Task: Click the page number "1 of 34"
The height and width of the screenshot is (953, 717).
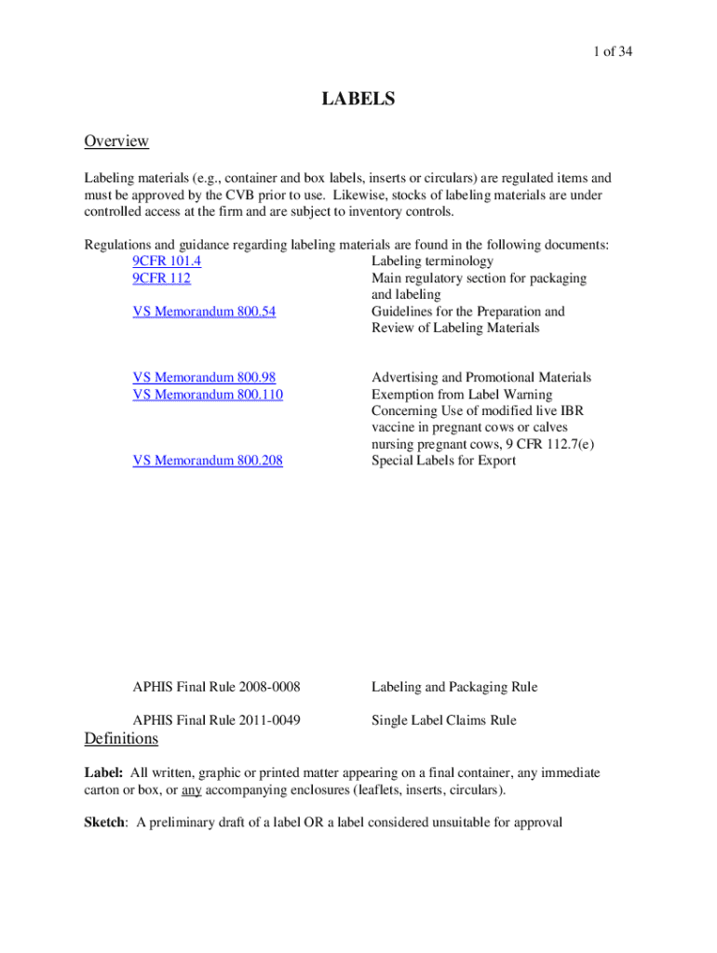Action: [x=605, y=52]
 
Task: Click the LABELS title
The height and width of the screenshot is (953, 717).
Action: [x=358, y=99]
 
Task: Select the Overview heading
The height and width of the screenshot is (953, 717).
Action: [x=116, y=141]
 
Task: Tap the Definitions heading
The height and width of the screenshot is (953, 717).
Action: [x=121, y=739]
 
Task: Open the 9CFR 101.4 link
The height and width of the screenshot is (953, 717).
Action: [x=167, y=262]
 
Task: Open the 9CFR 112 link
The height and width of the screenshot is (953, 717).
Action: [x=162, y=278]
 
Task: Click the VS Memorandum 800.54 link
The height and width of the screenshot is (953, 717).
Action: [x=204, y=312]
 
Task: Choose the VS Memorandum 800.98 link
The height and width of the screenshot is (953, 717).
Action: [x=204, y=378]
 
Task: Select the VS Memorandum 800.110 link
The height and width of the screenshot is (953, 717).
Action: [x=208, y=395]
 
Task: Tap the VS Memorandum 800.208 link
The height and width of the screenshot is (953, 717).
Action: [x=208, y=461]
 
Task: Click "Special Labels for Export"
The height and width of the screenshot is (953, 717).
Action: [x=443, y=461]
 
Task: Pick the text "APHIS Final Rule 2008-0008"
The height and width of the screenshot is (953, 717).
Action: [x=217, y=688]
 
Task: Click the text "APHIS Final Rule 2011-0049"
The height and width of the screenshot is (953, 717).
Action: [x=217, y=720]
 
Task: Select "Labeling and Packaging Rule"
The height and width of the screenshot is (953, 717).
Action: [x=454, y=688]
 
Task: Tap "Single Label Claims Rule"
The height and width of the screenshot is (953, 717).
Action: [x=443, y=720]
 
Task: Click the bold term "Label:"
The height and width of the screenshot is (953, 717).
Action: [x=103, y=773]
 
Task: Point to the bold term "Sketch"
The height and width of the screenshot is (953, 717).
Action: [x=106, y=823]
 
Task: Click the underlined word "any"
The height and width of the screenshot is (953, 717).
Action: [x=191, y=791]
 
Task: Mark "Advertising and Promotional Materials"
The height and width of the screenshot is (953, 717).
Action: [x=481, y=378]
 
